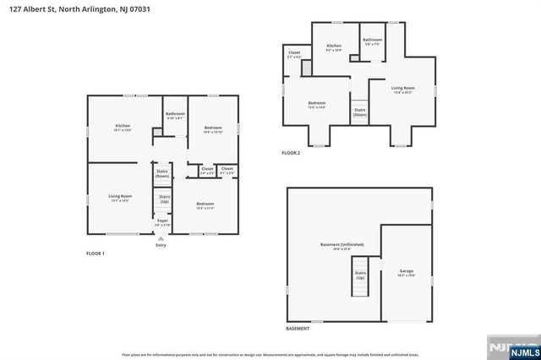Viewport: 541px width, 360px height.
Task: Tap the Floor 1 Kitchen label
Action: [123, 128]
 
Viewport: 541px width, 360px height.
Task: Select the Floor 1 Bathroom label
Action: [175, 116]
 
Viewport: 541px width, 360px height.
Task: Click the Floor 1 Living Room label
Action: [120, 198]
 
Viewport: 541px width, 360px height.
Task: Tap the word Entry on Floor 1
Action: [161, 245]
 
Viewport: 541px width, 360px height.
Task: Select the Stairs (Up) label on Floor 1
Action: [162, 199]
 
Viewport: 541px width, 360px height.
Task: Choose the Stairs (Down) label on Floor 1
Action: [162, 174]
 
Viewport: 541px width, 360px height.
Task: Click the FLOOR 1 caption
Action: [96, 254]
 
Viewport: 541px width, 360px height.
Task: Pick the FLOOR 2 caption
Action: [291, 153]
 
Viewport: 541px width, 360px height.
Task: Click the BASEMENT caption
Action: [298, 328]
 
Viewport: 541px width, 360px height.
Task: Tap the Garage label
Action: [407, 273]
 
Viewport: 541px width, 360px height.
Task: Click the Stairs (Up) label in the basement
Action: [361, 275]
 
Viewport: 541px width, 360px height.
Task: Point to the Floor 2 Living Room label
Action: [402, 90]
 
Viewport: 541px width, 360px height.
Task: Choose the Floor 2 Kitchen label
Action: [334, 47]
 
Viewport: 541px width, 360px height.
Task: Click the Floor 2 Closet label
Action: [294, 54]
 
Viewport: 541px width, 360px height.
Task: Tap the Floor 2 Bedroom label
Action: [317, 105]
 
